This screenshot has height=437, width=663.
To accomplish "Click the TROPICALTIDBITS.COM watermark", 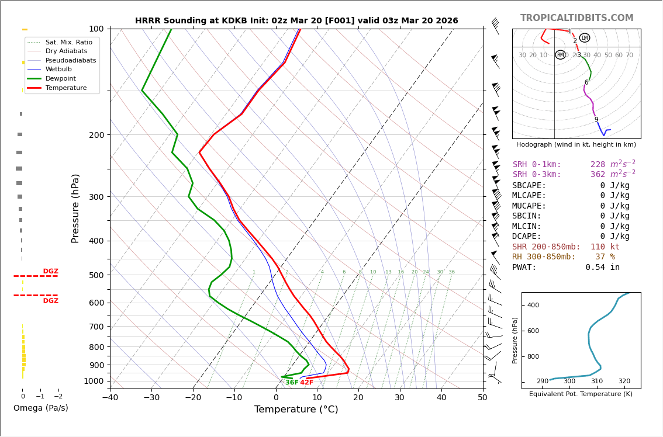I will click(x=576, y=18).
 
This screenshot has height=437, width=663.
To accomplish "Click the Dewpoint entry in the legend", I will click(x=61, y=78).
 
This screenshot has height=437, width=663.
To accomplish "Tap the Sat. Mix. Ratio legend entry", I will click(x=68, y=42).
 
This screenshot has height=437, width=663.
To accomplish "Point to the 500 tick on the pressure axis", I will click(x=96, y=275).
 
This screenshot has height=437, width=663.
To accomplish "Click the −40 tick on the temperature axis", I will click(x=110, y=398).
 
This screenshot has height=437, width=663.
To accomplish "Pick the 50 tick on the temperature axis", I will click(x=482, y=398).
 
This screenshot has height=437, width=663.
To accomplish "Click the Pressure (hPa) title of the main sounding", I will click(x=75, y=208).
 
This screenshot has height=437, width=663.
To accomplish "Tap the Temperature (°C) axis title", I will click(x=296, y=410).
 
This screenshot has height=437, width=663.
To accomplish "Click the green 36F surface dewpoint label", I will click(x=292, y=383).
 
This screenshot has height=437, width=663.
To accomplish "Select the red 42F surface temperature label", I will click(x=307, y=383).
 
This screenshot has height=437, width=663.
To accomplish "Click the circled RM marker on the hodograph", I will click(x=560, y=55).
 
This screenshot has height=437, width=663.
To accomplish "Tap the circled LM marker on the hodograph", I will click(x=585, y=38).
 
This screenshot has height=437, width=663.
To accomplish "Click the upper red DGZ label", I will click(x=50, y=272).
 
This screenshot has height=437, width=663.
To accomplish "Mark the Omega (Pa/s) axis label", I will click(x=41, y=408).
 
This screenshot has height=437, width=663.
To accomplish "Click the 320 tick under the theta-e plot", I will click(x=624, y=381).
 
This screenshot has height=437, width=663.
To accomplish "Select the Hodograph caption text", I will click(x=576, y=145).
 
